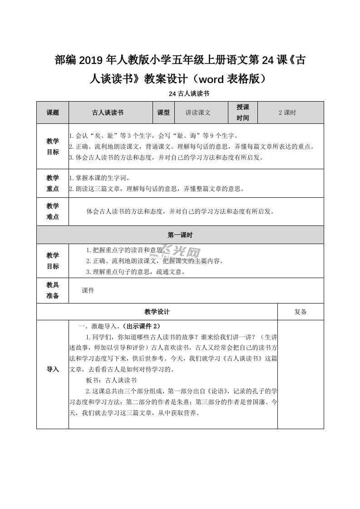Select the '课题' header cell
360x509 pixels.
point(53,113)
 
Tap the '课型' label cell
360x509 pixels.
point(163,113)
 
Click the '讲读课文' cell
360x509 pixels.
point(198,113)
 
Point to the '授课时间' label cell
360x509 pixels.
point(243,113)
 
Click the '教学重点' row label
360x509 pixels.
point(53,183)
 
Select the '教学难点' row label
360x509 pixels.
point(53,211)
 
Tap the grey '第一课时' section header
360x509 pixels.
point(180,235)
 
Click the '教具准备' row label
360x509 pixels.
point(53,290)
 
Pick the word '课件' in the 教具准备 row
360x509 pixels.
point(88,290)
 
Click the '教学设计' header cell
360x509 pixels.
point(157,312)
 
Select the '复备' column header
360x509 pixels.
point(301,312)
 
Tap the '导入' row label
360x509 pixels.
point(53,369)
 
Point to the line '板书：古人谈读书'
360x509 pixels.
point(111,380)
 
